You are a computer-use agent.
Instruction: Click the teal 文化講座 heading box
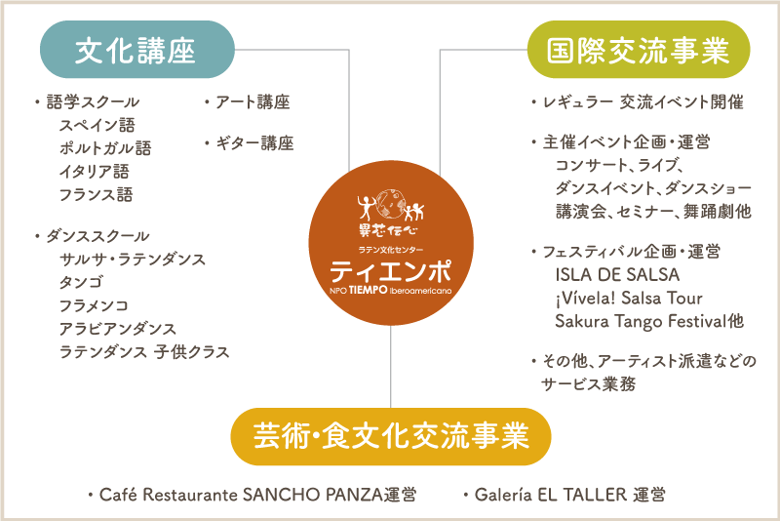point(136,50)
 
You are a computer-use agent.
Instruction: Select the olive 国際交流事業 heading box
point(638,50)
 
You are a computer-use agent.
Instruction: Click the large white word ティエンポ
point(389,266)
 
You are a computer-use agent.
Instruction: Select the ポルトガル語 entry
point(104,148)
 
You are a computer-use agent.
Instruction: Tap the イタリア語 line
point(95,172)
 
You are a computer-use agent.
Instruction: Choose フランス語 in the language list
point(96,195)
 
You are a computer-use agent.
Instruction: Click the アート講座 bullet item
point(252,101)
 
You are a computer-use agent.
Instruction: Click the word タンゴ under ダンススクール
point(81,283)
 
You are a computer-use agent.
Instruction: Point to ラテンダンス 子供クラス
point(143,352)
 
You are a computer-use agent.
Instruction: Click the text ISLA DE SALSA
point(617,276)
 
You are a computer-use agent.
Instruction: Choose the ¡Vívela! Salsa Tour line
point(629,299)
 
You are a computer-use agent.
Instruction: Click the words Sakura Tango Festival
point(641,321)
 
